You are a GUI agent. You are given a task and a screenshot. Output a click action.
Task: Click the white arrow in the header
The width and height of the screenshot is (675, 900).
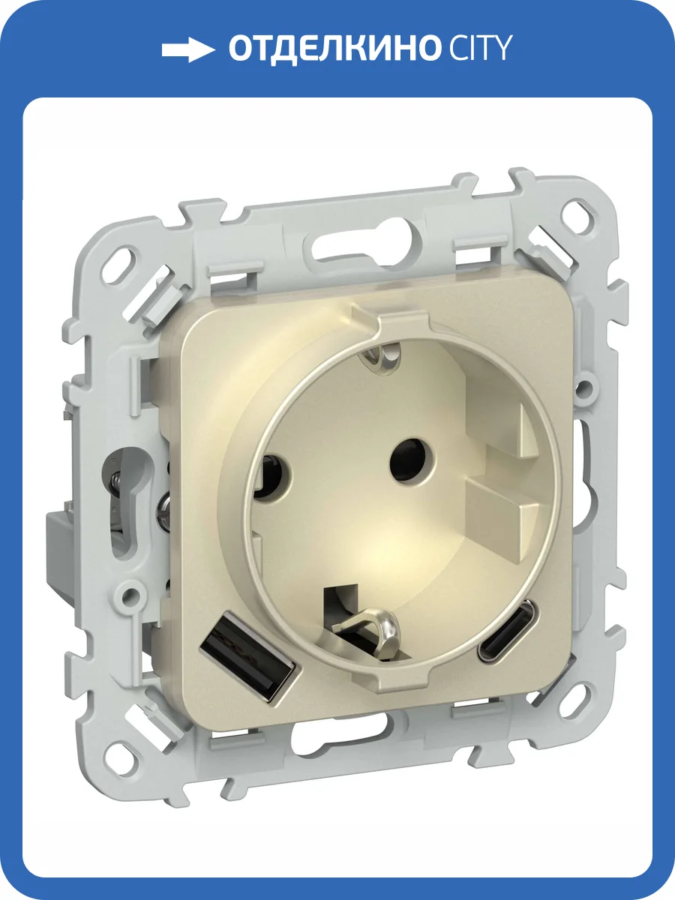point(188,50)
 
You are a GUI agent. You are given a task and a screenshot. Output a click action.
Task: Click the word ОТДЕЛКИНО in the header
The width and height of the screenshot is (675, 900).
point(333,49)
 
